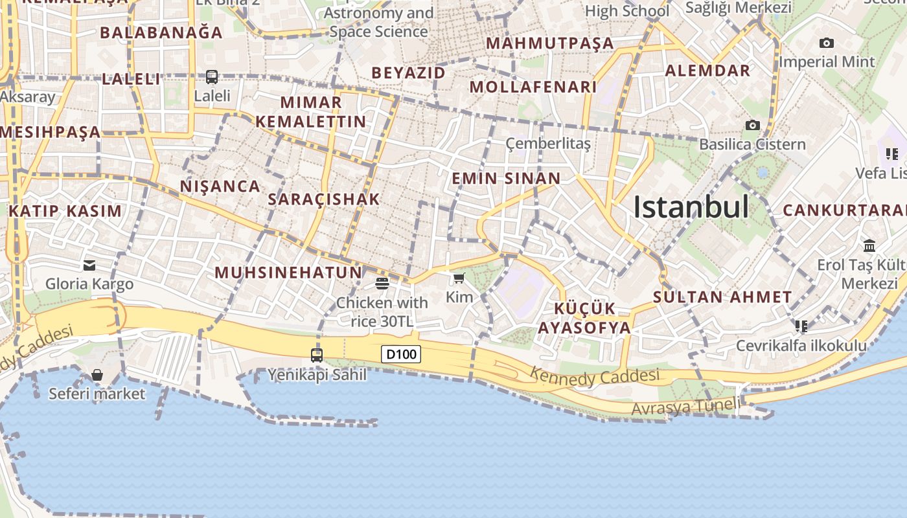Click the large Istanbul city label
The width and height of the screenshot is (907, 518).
click(691, 207)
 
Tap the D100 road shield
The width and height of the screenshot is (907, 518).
click(401, 354)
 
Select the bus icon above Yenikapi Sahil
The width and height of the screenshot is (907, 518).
click(317, 355)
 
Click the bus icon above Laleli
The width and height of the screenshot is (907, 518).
click(212, 77)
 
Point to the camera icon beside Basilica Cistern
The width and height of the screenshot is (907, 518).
click(752, 125)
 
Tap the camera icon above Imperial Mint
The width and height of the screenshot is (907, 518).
click(827, 43)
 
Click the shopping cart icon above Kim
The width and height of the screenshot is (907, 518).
click(459, 278)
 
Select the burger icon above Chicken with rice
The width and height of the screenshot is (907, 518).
click(382, 283)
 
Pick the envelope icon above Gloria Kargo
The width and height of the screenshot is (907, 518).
click(89, 265)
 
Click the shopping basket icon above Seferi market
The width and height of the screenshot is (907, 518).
click(97, 375)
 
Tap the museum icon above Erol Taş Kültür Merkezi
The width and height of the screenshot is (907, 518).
click(869, 246)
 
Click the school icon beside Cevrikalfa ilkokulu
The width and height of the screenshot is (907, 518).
click(801, 326)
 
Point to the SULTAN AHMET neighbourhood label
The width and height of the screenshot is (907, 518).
click(722, 297)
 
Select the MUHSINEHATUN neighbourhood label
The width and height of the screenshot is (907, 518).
click(288, 273)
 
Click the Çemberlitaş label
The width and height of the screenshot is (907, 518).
click(548, 144)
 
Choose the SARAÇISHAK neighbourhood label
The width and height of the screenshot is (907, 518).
click(323, 199)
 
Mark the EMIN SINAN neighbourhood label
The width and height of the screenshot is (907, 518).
click(506, 179)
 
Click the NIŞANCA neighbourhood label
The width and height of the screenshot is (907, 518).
click(220, 186)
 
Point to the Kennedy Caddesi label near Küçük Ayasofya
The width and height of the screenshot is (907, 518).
click(595, 376)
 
